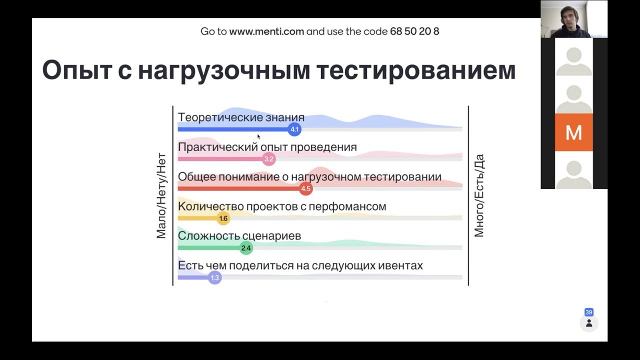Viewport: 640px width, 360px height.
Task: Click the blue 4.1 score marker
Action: point(294,129)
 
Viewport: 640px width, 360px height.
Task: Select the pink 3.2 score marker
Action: point(269,159)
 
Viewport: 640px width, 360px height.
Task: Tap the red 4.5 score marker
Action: point(305,188)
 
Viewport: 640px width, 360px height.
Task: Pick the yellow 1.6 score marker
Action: point(223,218)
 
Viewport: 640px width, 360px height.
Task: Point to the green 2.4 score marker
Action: point(246,248)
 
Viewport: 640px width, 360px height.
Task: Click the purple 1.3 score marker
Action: point(214,277)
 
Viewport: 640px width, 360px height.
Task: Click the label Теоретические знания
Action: point(241,117)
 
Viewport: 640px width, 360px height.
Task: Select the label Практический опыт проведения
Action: point(267,147)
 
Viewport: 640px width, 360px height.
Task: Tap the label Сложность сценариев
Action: point(239,236)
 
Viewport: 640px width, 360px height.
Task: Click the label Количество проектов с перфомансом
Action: point(282,206)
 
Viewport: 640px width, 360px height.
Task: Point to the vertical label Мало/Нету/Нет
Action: point(161,195)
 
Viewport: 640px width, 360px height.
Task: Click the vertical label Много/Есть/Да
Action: point(479,195)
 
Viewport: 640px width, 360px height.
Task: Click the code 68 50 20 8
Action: point(414,31)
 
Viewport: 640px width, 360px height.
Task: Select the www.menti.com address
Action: point(266,31)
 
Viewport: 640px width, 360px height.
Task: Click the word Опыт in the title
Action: point(77,70)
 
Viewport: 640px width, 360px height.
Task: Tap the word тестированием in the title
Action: point(416,70)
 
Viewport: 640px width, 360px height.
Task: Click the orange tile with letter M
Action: point(573,132)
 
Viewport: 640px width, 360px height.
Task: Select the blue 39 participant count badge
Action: point(589,312)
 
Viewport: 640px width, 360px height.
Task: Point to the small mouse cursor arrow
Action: point(258,136)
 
